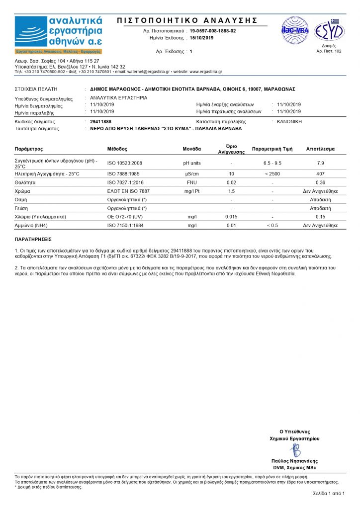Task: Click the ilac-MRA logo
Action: (295, 30)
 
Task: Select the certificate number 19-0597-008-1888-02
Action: (213, 31)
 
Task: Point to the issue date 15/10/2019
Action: (201, 38)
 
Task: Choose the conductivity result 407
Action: (320, 173)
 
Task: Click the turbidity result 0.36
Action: (320, 182)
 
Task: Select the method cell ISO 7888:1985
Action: (125, 173)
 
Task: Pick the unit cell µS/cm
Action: (192, 173)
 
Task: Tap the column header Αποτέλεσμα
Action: (320, 149)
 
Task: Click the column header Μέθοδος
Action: (117, 149)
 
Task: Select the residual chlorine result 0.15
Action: (320, 217)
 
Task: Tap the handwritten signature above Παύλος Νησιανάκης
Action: (295, 450)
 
